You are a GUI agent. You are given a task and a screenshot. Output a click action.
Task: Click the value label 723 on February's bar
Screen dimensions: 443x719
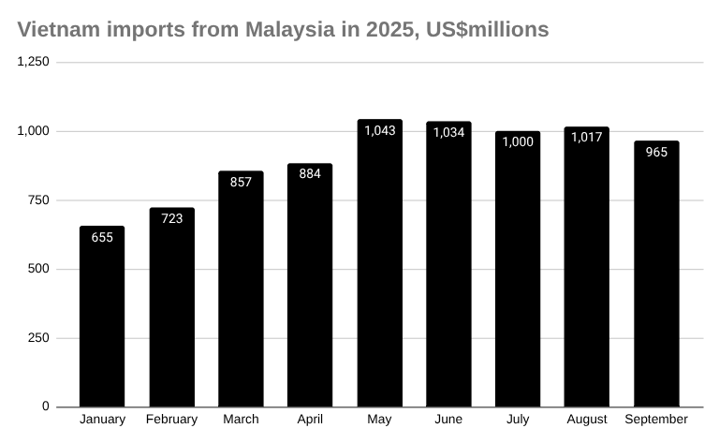coord(171,218)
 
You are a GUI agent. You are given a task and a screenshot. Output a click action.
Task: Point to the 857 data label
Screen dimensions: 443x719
coord(241,182)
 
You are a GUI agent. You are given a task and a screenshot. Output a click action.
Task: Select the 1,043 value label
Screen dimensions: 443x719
coord(379,130)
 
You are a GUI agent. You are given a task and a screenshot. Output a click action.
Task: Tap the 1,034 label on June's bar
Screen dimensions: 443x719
coord(448,132)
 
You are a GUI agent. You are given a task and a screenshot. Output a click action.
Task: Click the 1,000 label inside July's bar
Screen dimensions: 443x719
coord(518,141)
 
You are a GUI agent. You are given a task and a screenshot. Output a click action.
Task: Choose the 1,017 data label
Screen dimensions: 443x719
coord(587,137)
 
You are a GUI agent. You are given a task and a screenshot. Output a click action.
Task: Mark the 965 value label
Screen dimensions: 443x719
coord(656,152)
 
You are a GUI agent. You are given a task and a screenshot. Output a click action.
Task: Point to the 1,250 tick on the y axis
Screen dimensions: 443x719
coord(34,62)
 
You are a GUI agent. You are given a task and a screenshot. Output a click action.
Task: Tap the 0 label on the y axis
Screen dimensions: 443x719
coord(44,407)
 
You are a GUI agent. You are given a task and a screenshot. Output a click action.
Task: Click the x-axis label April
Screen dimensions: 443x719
coord(310,419)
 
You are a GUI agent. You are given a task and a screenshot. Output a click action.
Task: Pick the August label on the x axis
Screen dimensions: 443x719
coord(587,419)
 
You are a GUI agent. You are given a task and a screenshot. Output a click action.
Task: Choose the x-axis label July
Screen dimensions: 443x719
coord(518,419)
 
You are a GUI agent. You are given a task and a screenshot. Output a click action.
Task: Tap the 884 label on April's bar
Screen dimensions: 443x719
coord(310,173)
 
